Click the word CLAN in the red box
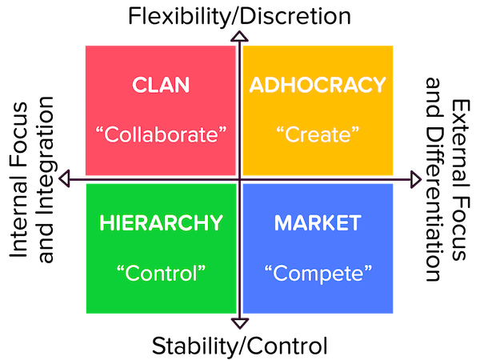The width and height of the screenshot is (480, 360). [161, 85]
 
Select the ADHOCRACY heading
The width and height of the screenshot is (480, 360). [318, 85]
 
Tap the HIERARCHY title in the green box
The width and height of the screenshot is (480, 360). [161, 223]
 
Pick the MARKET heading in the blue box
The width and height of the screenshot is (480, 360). [318, 223]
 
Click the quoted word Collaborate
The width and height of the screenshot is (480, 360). [161, 134]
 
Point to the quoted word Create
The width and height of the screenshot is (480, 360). [318, 134]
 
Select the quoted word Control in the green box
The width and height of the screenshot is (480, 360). [161, 273]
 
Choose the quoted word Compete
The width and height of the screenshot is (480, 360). [318, 274]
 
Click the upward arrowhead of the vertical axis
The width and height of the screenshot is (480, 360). [239, 36]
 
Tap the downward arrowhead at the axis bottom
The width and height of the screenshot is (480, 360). [239, 323]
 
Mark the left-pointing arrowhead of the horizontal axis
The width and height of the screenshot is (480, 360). [64, 178]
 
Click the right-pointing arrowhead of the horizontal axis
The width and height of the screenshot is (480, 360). [416, 179]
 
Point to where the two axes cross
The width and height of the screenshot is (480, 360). [239, 179]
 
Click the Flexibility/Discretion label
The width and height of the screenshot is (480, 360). [239, 17]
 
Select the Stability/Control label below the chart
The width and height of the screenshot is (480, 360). [240, 346]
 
